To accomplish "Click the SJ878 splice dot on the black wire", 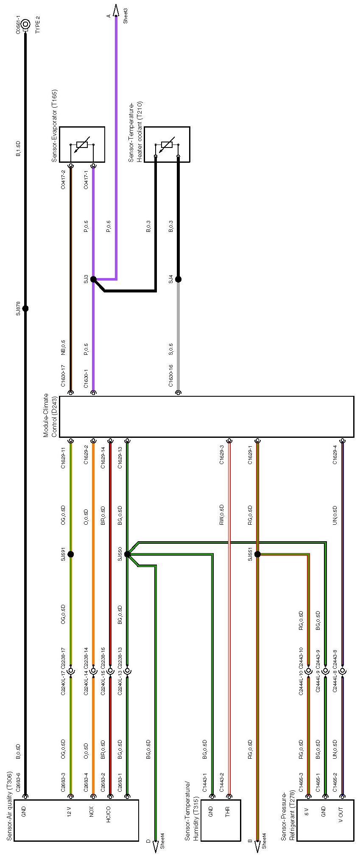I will pyautogui.click(x=25, y=309).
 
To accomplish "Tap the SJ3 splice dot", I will pyautogui.click(x=93, y=279).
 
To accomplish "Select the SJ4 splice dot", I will pyautogui.click(x=178, y=279).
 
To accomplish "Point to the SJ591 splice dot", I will pyautogui.click(x=71, y=554).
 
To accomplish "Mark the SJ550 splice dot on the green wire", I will pyautogui.click(x=127, y=554).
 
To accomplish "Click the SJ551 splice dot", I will pyautogui.click(x=257, y=554).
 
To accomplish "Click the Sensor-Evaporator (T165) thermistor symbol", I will pyautogui.click(x=82, y=145).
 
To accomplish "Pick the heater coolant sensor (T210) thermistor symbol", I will pyautogui.click(x=167, y=145).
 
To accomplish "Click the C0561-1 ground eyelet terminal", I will pyautogui.click(x=25, y=24).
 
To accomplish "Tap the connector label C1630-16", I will pyautogui.click(x=171, y=376).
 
